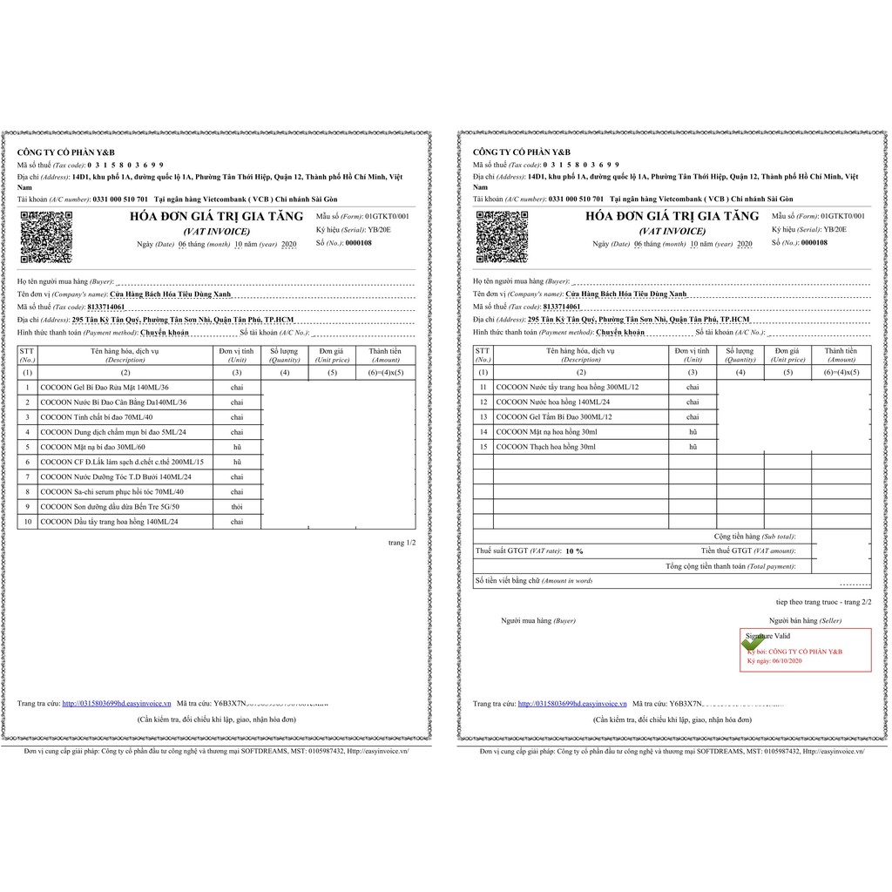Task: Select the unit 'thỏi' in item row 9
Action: pyautogui.click(x=236, y=506)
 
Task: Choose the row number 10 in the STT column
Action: pyautogui.click(x=28, y=521)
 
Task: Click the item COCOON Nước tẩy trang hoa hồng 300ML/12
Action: pyautogui.click(x=567, y=387)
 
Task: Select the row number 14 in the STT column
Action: pyautogui.click(x=483, y=431)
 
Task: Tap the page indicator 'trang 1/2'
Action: pyautogui.click(x=402, y=543)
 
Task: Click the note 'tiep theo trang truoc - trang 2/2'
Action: pyautogui.click(x=823, y=602)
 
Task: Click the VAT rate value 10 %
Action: pyautogui.click(x=574, y=551)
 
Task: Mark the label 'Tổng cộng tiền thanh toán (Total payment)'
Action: pyautogui.click(x=730, y=566)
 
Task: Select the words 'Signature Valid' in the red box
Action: pyautogui.click(x=767, y=638)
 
